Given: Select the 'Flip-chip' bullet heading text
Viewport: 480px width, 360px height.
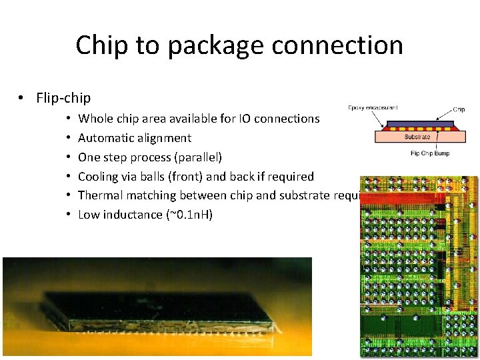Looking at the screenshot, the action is pyautogui.click(x=63, y=98).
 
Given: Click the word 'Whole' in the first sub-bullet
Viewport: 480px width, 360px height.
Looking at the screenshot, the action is pyautogui.click(x=95, y=119).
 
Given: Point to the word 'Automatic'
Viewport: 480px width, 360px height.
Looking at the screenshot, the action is pyautogui.click(x=105, y=138).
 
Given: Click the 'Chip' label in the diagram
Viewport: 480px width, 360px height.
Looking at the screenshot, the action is pyautogui.click(x=459, y=109).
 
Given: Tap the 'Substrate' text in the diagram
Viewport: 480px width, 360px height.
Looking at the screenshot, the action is pyautogui.click(x=417, y=137).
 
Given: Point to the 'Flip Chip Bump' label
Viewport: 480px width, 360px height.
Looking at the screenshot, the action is pyautogui.click(x=430, y=153).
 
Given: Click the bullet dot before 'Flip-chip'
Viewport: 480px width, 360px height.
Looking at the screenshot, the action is pyautogui.click(x=22, y=99).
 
